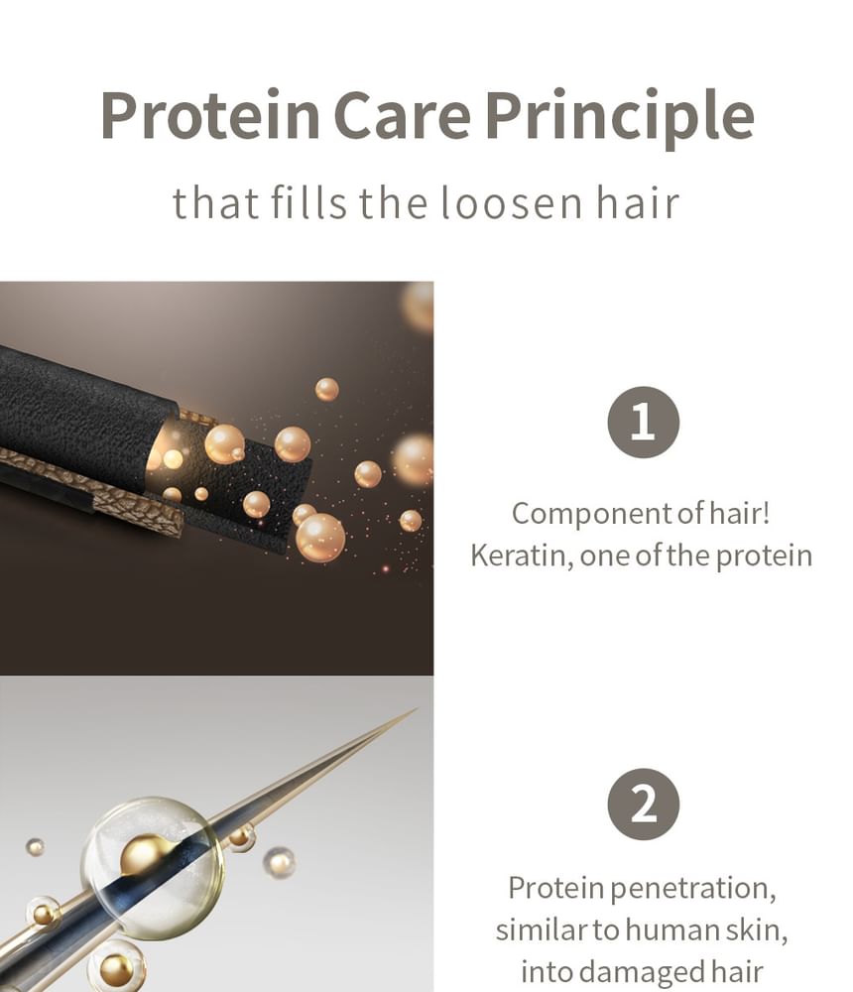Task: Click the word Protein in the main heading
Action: (210, 115)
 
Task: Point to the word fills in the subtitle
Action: (308, 202)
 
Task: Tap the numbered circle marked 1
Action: (644, 422)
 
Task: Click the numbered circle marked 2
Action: (644, 805)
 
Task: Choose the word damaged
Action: (643, 972)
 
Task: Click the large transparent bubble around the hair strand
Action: (153, 868)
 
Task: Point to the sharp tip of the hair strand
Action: (418, 708)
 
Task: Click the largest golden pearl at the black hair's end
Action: (320, 538)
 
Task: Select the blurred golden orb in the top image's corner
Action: (418, 307)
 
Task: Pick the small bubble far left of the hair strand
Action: (36, 847)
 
